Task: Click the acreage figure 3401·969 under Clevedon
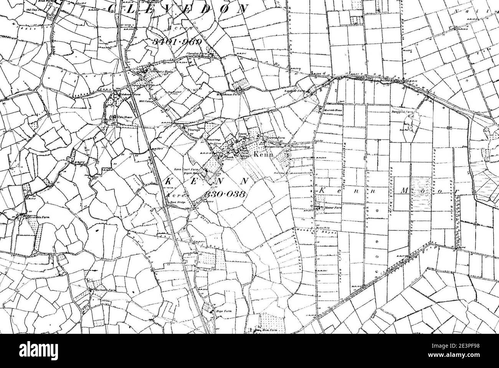pos(177,42)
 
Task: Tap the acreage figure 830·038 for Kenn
pos(225,194)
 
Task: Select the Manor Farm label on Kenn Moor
pos(333,207)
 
